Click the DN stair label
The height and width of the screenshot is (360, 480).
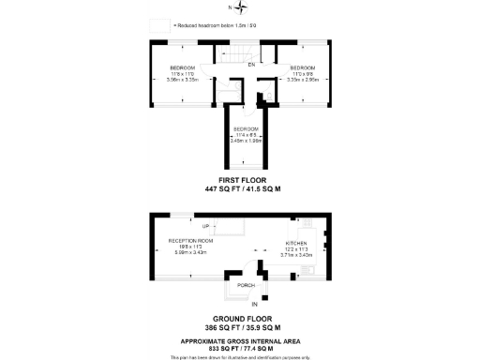coord(251,65)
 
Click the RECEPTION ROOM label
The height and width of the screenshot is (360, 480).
coord(191,241)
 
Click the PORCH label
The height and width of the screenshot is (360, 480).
coord(246,285)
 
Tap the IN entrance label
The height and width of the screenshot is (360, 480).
coord(254,305)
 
